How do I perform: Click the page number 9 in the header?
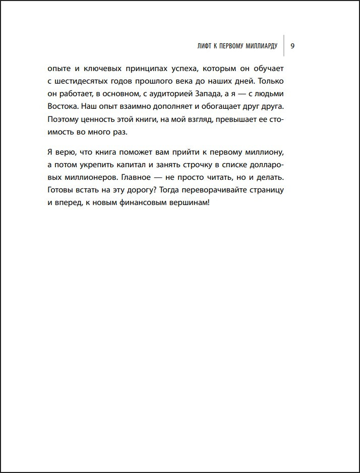tap(293, 46)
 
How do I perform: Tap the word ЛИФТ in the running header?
tap(205, 46)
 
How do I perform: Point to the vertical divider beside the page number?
tap(284, 46)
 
